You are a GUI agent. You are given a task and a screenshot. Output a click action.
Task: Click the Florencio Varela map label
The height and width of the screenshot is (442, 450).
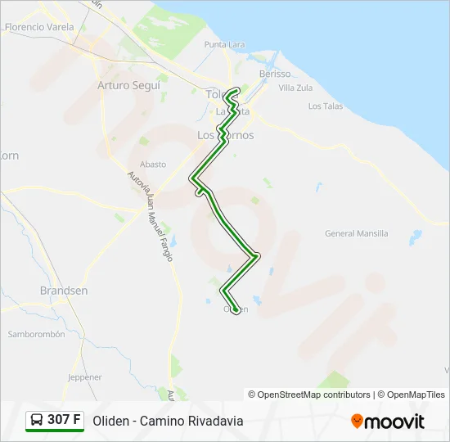tap(38, 27)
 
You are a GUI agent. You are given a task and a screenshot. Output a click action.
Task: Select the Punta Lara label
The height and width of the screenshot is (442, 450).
tap(226, 44)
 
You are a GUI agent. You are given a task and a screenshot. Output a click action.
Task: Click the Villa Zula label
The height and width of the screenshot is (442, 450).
tap(296, 88)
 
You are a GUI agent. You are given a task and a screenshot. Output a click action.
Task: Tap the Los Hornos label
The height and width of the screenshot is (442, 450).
tap(226, 135)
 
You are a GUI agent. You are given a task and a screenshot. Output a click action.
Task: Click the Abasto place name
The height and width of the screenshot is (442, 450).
tap(153, 164)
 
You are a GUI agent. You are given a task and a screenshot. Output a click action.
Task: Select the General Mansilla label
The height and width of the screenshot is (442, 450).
tap(357, 233)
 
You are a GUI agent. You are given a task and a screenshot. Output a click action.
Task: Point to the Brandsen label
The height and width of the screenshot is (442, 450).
tap(64, 291)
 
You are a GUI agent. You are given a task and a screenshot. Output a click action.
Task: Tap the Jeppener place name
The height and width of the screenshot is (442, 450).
tap(85, 377)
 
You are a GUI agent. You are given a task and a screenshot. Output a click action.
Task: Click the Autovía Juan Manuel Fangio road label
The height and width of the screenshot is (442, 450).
tap(151, 217)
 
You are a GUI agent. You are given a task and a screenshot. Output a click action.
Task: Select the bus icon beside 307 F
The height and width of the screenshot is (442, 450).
tap(37, 421)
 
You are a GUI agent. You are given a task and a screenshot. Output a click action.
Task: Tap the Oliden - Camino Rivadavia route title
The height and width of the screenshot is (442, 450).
tap(168, 422)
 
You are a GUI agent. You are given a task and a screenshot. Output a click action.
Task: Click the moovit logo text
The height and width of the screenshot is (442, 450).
tap(395, 422)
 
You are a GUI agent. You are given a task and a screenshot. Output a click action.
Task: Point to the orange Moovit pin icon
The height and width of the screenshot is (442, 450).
tap(357, 422)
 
